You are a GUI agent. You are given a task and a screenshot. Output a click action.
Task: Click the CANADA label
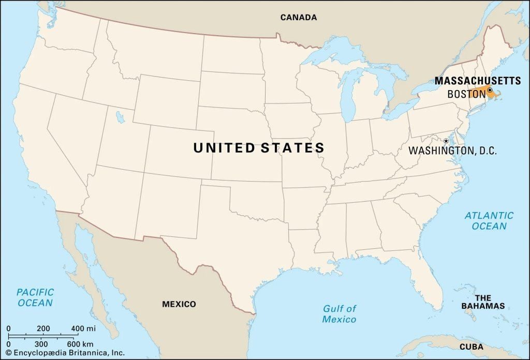tap(299, 17)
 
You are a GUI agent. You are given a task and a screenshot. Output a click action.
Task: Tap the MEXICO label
tap(179, 304)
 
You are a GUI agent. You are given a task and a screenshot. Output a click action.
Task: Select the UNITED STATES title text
tap(259, 148)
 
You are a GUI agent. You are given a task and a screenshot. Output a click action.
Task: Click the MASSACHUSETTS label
tap(477, 81)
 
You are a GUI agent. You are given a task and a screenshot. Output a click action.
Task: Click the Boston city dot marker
tap(490, 89)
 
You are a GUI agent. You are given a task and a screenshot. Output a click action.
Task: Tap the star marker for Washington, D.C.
tap(446, 141)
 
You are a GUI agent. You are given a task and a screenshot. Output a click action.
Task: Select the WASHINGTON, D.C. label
tap(452, 151)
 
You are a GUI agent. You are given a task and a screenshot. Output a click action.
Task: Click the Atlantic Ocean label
tap(489, 220)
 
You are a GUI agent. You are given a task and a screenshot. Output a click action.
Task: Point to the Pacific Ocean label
tap(35, 297)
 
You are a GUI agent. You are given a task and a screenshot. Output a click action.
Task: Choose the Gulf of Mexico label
tap(340, 314)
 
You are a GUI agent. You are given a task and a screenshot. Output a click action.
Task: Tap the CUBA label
tap(472, 347)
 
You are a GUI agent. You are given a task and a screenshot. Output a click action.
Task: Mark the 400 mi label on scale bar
tap(84, 328)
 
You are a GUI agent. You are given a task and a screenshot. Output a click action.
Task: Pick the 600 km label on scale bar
tap(81, 344)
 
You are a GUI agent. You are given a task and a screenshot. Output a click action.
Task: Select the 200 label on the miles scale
tap(43, 328)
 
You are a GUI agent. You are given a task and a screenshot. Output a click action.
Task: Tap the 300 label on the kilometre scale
tap(41, 344)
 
